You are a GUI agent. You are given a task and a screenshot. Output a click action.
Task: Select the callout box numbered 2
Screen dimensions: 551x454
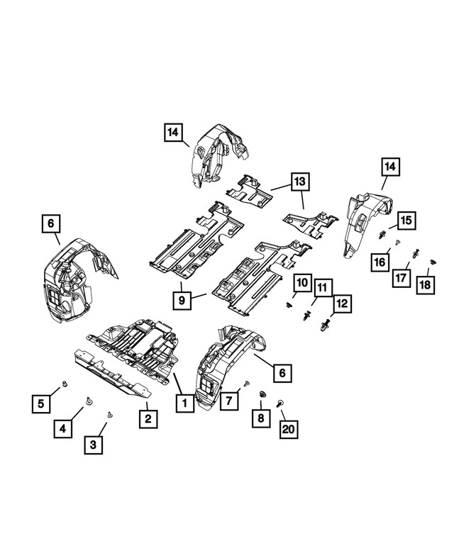[x=148, y=418]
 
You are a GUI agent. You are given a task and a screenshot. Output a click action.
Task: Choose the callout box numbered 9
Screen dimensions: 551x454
[x=182, y=301]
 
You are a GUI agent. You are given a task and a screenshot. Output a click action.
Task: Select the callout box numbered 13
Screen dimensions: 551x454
[x=300, y=182]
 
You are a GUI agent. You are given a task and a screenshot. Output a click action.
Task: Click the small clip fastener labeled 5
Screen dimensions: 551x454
[x=64, y=384]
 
